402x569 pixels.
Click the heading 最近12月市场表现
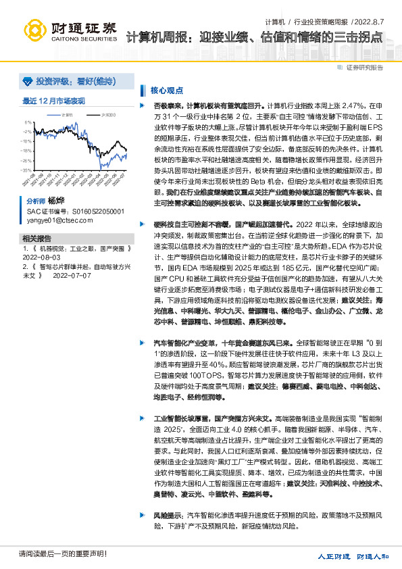tap(53, 101)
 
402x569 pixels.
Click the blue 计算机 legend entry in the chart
tap(66, 116)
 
